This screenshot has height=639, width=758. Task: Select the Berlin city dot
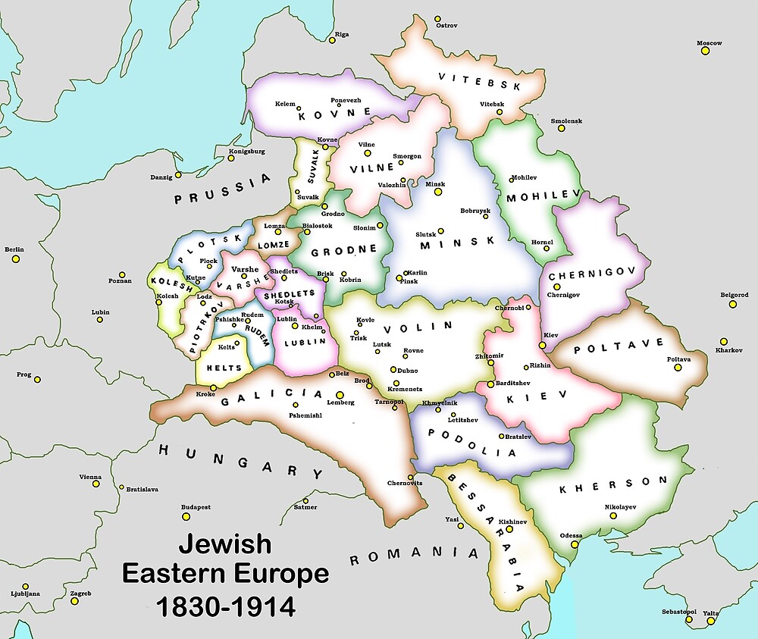14,259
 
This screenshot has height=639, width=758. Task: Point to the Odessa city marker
575,543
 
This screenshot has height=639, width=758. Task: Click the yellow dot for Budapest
186,517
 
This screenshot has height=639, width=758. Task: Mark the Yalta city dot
710,622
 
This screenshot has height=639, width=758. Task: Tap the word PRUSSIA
221,190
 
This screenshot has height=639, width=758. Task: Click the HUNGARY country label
240,462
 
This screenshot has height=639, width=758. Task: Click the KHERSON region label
614,485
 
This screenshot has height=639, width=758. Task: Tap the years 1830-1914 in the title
225,606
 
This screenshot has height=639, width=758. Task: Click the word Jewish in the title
224,544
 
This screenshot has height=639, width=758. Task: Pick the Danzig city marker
178,175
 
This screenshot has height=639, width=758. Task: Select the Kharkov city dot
724,342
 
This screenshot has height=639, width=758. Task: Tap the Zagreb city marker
74,601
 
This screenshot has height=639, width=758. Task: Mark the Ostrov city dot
437,17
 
